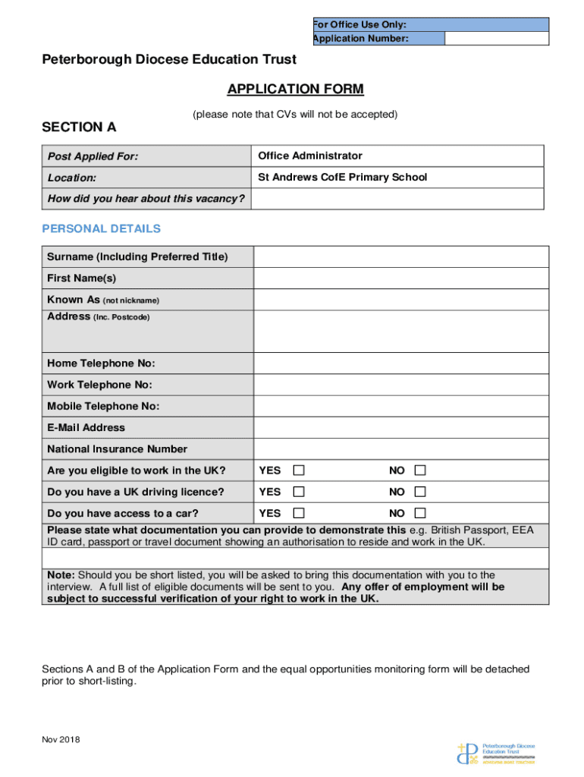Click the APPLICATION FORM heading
tap(295, 90)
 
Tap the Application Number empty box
tap(496, 39)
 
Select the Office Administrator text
tap(310, 156)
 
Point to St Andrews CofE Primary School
tap(343, 178)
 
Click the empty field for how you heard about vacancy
tap(398, 199)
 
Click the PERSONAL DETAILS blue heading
tap(101, 228)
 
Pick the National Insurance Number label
tap(117, 449)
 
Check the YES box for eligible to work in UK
tap(300, 470)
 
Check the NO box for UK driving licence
tap(420, 492)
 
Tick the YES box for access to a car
tap(300, 513)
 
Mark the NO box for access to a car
tap(420, 513)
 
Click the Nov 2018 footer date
tap(61, 740)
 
